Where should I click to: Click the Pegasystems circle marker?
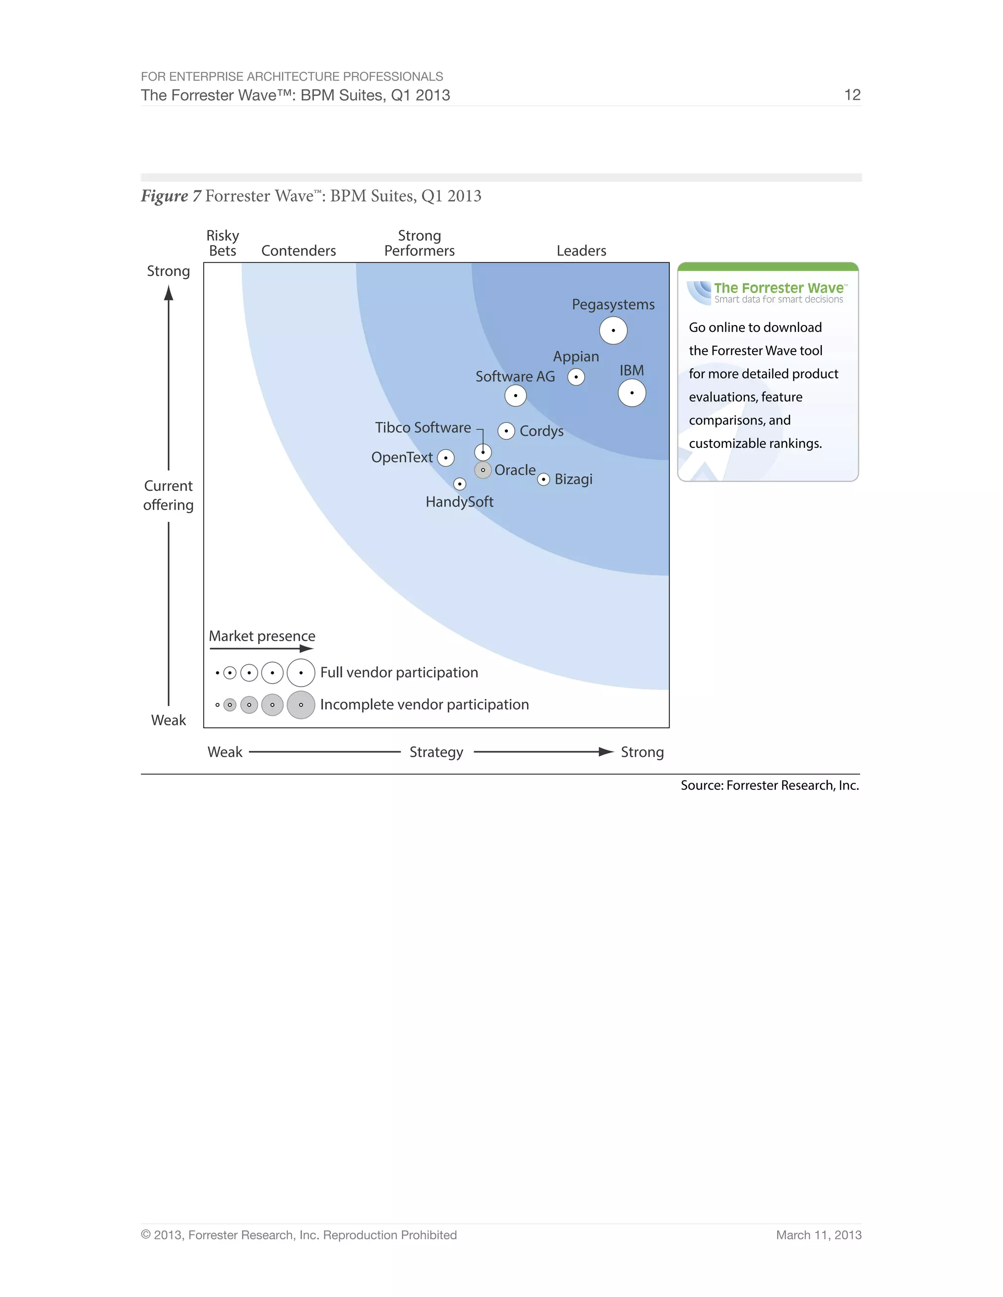tap(613, 330)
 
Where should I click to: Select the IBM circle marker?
tap(632, 393)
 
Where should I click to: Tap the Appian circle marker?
tap(576, 377)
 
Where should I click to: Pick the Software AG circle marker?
tap(515, 395)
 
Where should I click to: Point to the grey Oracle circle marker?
tap(483, 470)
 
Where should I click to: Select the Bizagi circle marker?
tap(543, 479)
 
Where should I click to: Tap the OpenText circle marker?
tap(446, 458)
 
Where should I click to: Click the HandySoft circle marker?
tap(459, 484)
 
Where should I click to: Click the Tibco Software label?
tap(423, 428)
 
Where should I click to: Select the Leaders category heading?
tap(581, 251)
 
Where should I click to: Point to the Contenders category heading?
tap(298, 251)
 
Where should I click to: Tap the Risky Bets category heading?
tap(222, 243)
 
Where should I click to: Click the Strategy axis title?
tap(436, 752)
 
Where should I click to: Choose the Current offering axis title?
tap(168, 495)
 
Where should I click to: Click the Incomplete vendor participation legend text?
tap(424, 704)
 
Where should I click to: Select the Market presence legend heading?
tap(262, 636)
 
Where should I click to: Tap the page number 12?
tap(852, 95)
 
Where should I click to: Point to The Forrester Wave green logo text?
tap(778, 288)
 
